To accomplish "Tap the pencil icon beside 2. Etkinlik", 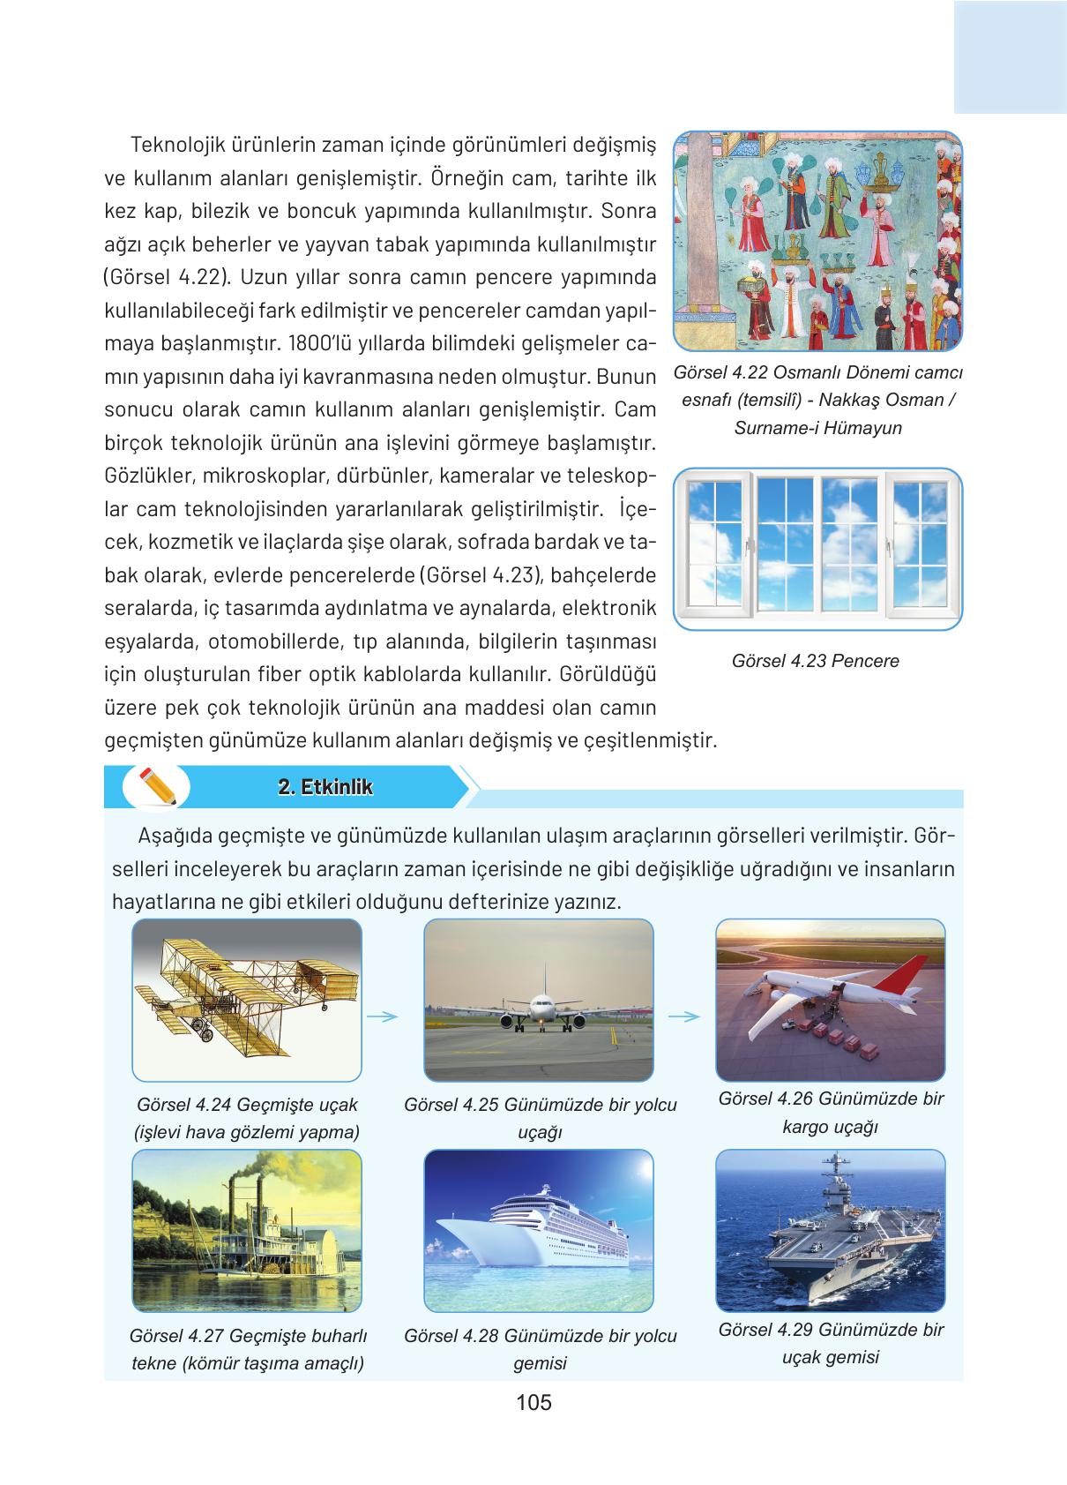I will [x=157, y=786].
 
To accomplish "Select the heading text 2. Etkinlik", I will [x=325, y=787].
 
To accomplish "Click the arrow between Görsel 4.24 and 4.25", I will [x=382, y=1016].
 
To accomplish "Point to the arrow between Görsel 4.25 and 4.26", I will [x=684, y=1016].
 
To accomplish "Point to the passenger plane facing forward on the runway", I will [x=538, y=1010].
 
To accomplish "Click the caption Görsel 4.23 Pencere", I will [x=815, y=661].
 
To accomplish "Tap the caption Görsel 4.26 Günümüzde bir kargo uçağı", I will [x=830, y=1113].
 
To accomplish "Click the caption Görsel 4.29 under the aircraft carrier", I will [x=830, y=1343].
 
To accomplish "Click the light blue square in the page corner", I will [x=1010, y=56].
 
